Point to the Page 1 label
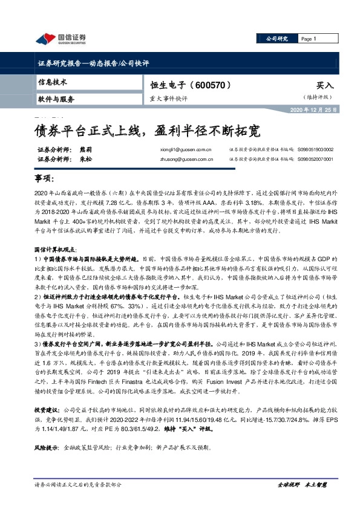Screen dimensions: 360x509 click(309, 39)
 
